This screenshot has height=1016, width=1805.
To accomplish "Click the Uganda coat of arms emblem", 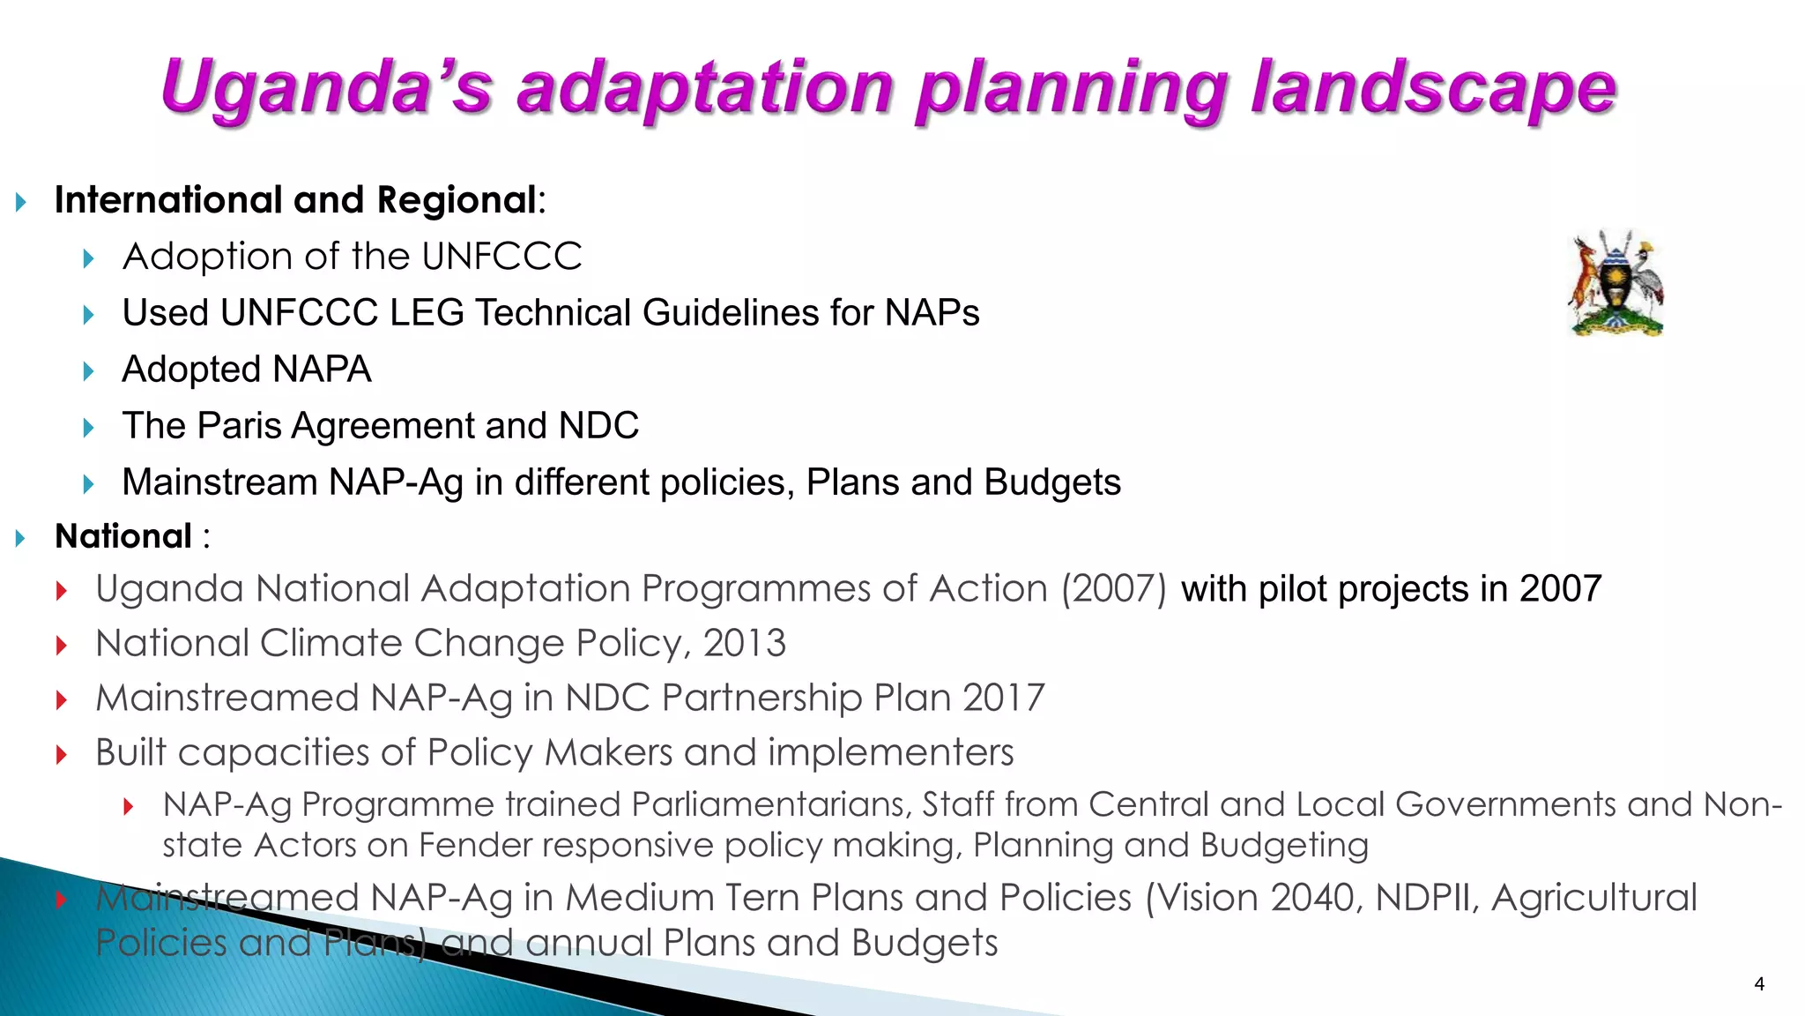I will point(1616,283).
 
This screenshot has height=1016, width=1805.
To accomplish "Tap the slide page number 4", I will point(1759,984).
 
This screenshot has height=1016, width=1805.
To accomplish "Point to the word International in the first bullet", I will point(167,200).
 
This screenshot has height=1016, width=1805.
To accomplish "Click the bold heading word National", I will point(123,536).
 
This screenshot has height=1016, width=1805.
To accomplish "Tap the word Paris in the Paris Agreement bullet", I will point(240,426).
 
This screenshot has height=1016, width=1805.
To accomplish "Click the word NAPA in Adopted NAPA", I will point(322,370).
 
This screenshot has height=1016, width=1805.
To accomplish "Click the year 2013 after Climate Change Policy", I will point(745,643).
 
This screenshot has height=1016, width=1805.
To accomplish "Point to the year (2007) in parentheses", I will point(1114,588).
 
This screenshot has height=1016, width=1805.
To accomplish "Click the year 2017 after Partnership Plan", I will point(1004,698).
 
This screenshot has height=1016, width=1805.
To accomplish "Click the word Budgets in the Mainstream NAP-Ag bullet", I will point(1052,482).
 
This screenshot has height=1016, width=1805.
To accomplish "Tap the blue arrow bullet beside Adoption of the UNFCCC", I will point(88,258).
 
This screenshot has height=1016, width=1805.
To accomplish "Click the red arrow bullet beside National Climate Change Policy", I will point(62,645).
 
